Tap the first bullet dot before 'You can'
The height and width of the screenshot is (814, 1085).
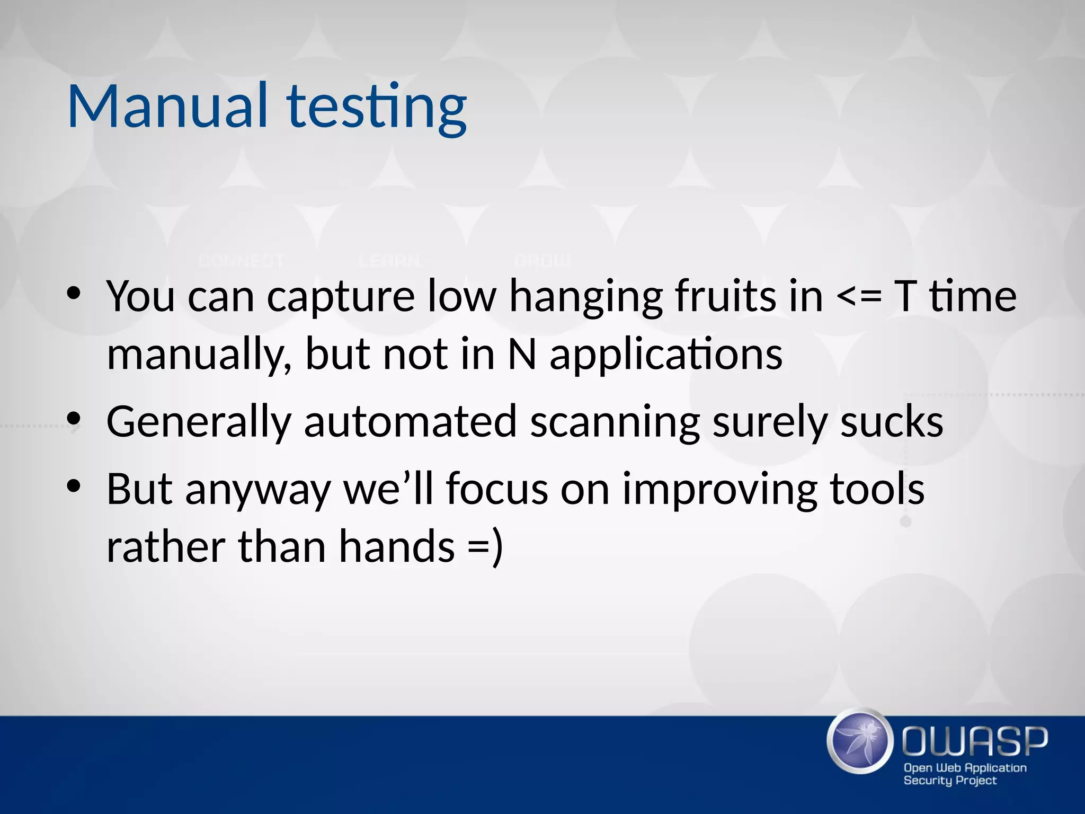[x=74, y=293]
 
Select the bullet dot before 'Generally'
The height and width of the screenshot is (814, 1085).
[x=74, y=419]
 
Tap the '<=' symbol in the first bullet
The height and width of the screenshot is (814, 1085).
[x=859, y=297]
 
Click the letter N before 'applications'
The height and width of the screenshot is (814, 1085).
[x=522, y=354]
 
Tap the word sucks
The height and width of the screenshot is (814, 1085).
[x=892, y=422]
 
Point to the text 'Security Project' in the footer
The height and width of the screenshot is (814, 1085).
[x=949, y=780]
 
